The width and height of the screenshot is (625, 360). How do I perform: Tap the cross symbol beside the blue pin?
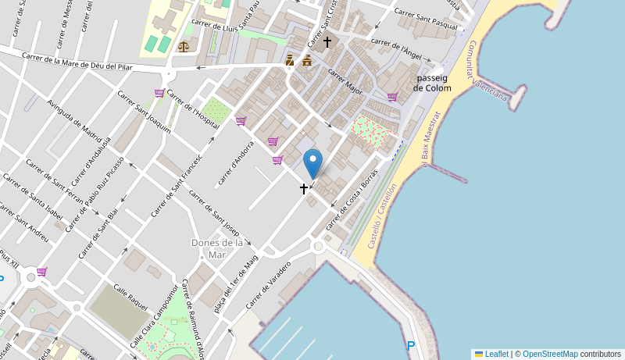tap(304, 189)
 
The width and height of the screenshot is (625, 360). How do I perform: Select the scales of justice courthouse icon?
tap(184, 46)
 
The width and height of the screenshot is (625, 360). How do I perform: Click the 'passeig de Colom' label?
tap(432, 83)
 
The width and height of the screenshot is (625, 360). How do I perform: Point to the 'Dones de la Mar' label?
tap(216, 248)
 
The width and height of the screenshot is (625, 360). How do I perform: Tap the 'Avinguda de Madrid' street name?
tap(74, 118)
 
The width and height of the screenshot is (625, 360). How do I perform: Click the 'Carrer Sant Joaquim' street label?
tap(144, 112)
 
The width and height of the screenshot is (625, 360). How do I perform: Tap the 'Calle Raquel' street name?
tap(130, 298)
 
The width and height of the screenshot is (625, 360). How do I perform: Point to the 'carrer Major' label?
tap(345, 81)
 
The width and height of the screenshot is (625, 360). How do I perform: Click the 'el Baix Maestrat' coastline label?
tap(431, 138)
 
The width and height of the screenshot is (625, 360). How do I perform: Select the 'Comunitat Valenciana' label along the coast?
tap(487, 71)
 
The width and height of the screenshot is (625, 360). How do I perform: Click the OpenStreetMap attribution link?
tap(550, 354)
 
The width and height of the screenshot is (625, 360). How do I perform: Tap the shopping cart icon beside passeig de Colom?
tap(392, 97)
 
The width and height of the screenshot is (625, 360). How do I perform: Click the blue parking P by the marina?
tap(411, 345)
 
